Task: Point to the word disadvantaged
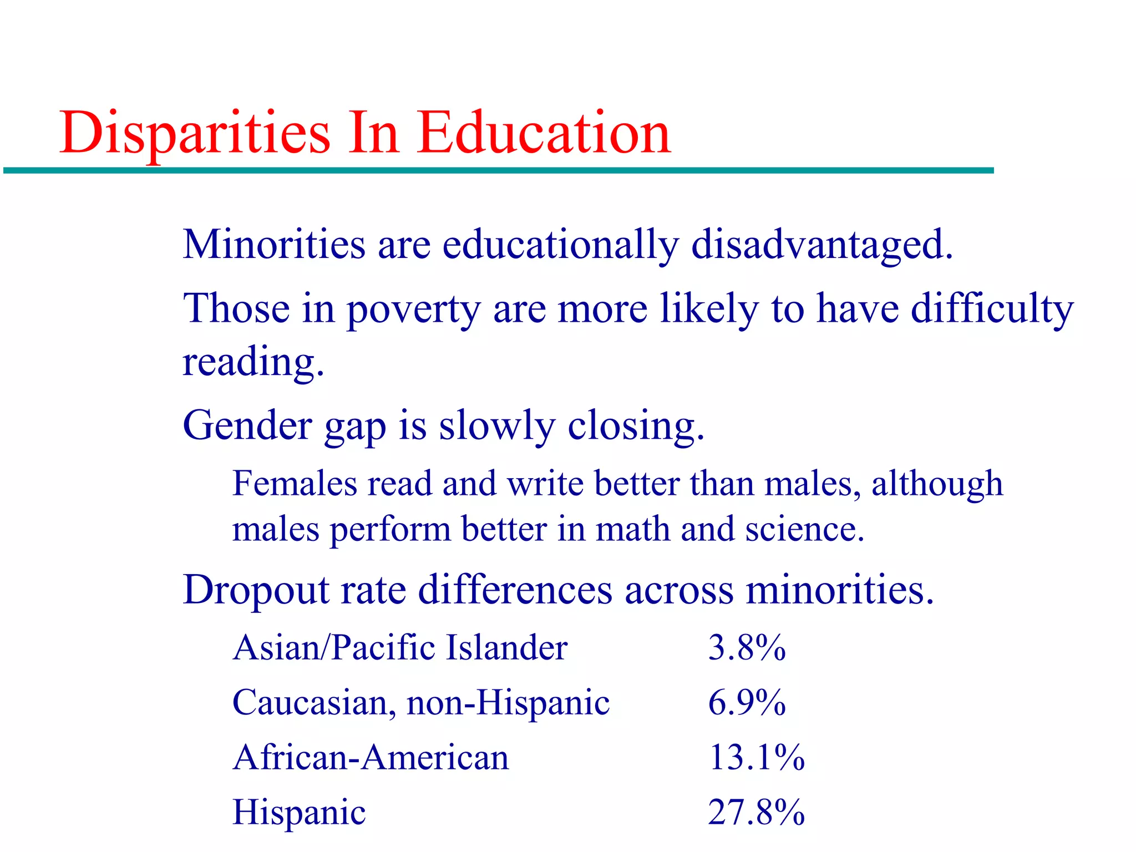pyautogui.click(x=822, y=246)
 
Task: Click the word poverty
pyautogui.click(x=414, y=310)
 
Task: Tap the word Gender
pyautogui.click(x=247, y=426)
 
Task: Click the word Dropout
pyautogui.click(x=256, y=590)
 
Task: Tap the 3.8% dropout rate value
pyautogui.click(x=747, y=647)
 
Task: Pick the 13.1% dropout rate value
pyautogui.click(x=756, y=757)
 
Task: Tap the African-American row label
pyautogui.click(x=371, y=757)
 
